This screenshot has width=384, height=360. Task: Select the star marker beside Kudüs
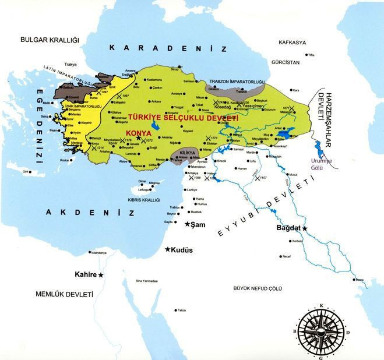[168, 249]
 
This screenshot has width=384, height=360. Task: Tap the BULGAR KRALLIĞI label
[49, 40]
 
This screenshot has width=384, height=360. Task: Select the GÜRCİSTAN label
[285, 61]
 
